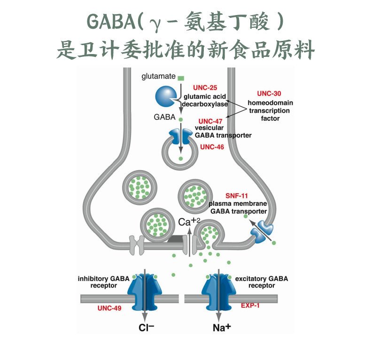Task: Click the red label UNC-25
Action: [x=205, y=88]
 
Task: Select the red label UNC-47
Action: [x=210, y=121]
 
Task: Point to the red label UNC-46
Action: [x=212, y=147]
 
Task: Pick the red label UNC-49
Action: [x=110, y=308]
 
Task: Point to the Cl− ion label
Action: [x=147, y=328]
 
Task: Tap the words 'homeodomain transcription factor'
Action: [x=270, y=110]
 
